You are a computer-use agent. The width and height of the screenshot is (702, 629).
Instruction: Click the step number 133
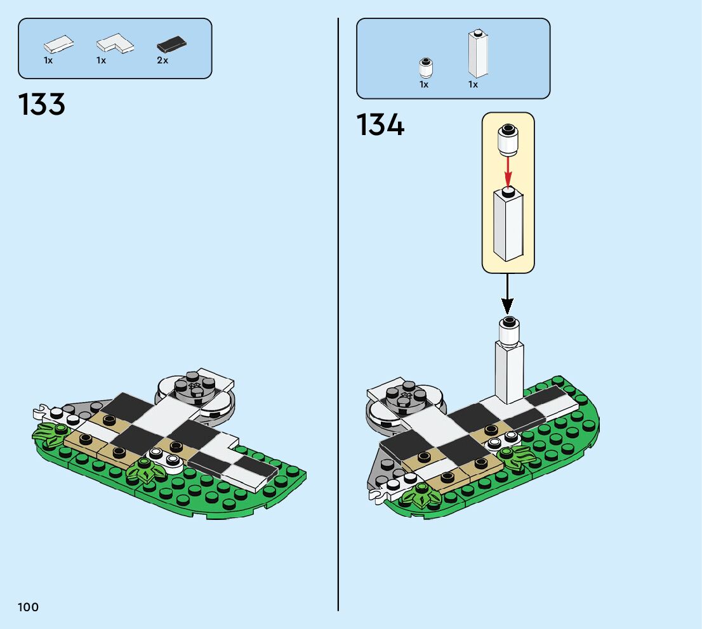pyautogui.click(x=42, y=105)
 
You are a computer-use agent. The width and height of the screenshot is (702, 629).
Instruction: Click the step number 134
pyautogui.click(x=380, y=125)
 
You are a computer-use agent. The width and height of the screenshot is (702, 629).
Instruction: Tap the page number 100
pyautogui.click(x=29, y=607)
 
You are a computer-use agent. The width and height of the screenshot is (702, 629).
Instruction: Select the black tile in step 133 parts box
pyautogui.click(x=171, y=45)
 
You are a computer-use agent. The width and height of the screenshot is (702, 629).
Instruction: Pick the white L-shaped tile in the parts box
pyautogui.click(x=116, y=44)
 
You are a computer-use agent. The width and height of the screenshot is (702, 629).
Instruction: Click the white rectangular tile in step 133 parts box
pyautogui.click(x=58, y=44)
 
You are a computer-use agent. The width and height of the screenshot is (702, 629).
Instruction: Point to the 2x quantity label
pyautogui.click(x=162, y=61)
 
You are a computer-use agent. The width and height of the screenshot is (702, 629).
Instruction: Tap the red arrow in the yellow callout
pyautogui.click(x=508, y=170)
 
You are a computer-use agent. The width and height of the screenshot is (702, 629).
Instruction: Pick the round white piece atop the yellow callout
pyautogui.click(x=508, y=139)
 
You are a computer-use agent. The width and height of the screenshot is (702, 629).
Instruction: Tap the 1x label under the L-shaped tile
pyautogui.click(x=101, y=61)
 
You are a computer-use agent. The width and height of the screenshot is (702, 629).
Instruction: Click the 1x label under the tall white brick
pyautogui.click(x=473, y=84)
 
